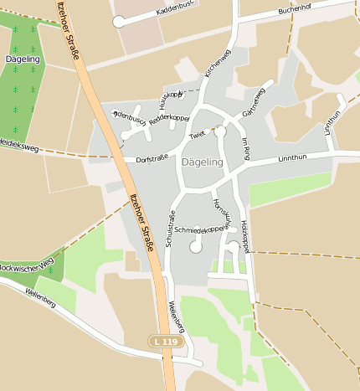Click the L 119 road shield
tap(166, 342)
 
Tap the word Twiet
tap(197, 135)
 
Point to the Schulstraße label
tap(170, 228)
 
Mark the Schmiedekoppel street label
tap(200, 229)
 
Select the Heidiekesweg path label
tap(18, 147)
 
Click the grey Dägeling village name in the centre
tap(202, 162)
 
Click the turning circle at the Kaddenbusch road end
tap(119, 22)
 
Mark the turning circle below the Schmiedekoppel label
tap(196, 247)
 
